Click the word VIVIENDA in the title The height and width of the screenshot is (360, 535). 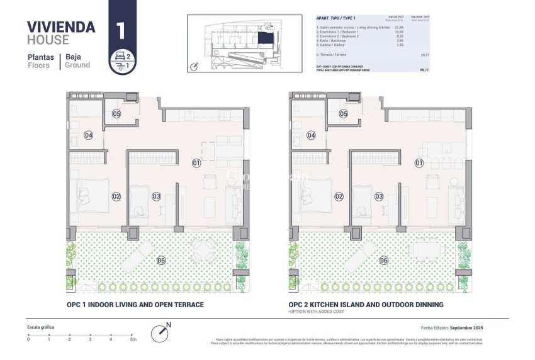coord(62,26)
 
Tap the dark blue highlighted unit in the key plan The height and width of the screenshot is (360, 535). coord(265,39)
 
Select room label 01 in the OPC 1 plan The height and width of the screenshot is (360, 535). coord(196,163)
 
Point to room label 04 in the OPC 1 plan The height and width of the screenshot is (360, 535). coord(89,135)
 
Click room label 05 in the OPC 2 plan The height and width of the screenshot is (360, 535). coord(343,114)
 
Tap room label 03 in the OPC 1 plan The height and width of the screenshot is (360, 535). coord(156,196)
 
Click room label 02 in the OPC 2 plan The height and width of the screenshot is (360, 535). coord(339,196)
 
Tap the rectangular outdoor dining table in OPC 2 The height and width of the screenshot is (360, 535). coord(426,250)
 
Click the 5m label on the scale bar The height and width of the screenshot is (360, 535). coord(132,339)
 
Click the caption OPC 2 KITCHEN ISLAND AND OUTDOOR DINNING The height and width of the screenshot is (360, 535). coord(366,305)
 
